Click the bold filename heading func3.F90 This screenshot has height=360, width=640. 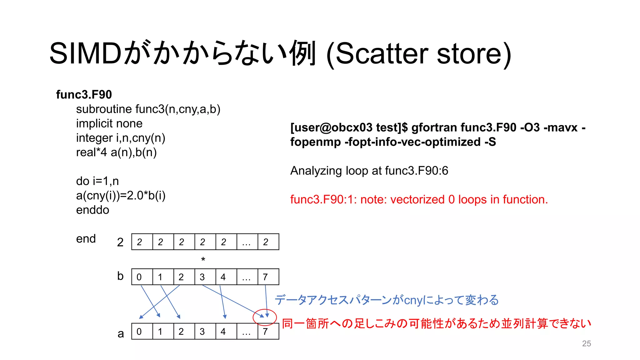pyautogui.click(x=84, y=94)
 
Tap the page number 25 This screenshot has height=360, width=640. pyautogui.click(x=586, y=343)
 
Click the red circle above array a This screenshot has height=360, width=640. pyautogui.click(x=265, y=317)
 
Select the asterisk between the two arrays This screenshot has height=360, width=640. pyautogui.click(x=203, y=259)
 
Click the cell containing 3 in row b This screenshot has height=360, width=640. pyautogui.click(x=205, y=277)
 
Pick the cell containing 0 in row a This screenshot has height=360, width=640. pyautogui.click(x=142, y=332)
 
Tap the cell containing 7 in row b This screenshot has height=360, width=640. pyautogui.click(x=268, y=277)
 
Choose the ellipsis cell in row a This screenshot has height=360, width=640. pyautogui.click(x=247, y=332)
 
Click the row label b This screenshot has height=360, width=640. pyautogui.click(x=120, y=276)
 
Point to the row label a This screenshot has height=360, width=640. pyautogui.click(x=121, y=334)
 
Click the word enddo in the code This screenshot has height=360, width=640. pyautogui.click(x=92, y=210)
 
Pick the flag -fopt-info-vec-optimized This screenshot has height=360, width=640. pyautogui.click(x=412, y=142)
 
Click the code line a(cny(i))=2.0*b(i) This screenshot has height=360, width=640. pyautogui.click(x=121, y=195)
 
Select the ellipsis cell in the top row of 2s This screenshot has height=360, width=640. pyautogui.click(x=247, y=242)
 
